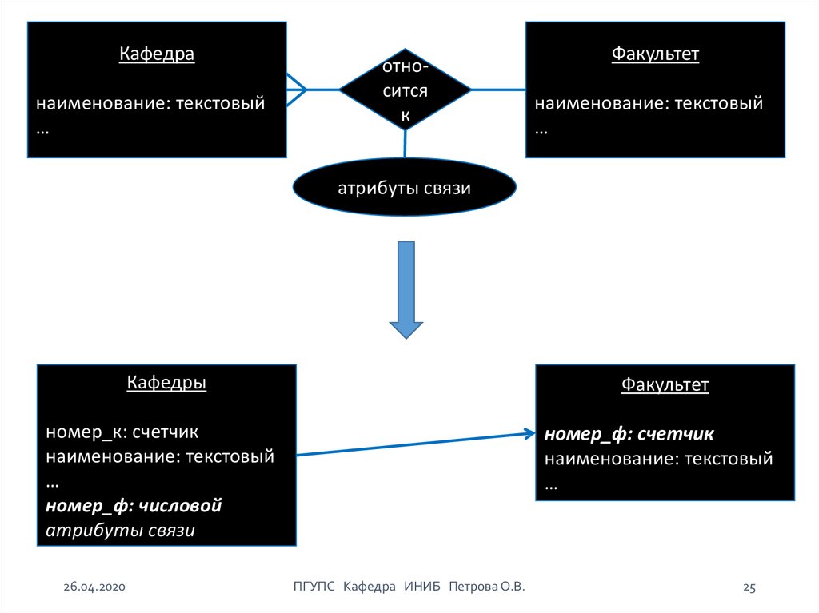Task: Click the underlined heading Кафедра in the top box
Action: click(157, 54)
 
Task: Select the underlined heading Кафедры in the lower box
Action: click(166, 383)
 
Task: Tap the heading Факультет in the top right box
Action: click(655, 54)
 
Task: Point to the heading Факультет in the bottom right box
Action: click(665, 385)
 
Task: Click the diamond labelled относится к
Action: click(406, 90)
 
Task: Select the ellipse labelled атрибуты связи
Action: click(404, 189)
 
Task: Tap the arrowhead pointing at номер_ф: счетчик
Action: click(529, 433)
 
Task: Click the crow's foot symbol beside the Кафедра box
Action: click(297, 89)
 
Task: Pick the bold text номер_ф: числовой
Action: click(134, 505)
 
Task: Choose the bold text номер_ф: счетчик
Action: click(629, 434)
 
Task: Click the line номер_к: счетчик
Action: click(122, 432)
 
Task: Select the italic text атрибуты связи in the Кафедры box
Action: click(121, 530)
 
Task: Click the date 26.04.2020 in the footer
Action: click(95, 587)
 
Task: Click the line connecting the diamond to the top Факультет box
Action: click(498, 89)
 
